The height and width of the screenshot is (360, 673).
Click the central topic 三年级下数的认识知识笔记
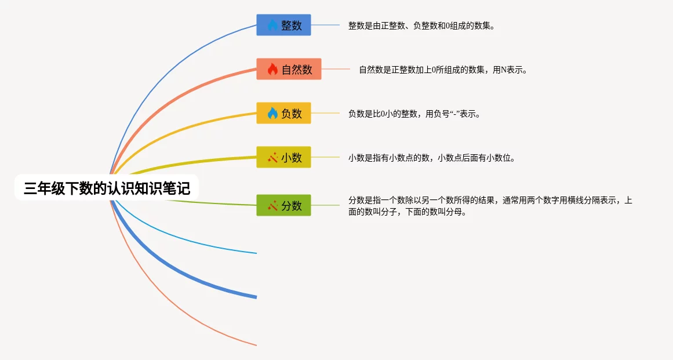(x=107, y=187)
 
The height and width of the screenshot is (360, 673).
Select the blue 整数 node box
(x=283, y=25)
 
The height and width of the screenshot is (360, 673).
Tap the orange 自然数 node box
(x=289, y=69)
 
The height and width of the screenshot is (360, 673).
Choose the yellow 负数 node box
(x=283, y=113)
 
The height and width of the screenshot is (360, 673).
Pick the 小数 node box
(x=283, y=157)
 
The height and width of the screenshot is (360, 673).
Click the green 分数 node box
(x=283, y=205)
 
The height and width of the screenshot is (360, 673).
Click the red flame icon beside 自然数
(x=272, y=69)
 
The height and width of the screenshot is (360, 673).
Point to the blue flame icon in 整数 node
(x=272, y=25)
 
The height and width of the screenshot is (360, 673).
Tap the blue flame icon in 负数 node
(x=272, y=113)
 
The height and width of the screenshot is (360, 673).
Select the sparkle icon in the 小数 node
(x=272, y=158)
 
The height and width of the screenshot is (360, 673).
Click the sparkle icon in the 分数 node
(x=272, y=206)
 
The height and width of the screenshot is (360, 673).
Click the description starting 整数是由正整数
(x=422, y=26)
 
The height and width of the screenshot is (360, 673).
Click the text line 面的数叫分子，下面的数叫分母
(x=408, y=212)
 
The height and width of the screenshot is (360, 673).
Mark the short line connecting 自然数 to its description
(x=336, y=69)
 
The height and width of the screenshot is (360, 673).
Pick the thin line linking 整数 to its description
(x=325, y=25)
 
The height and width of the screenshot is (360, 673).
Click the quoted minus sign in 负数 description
(x=455, y=114)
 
